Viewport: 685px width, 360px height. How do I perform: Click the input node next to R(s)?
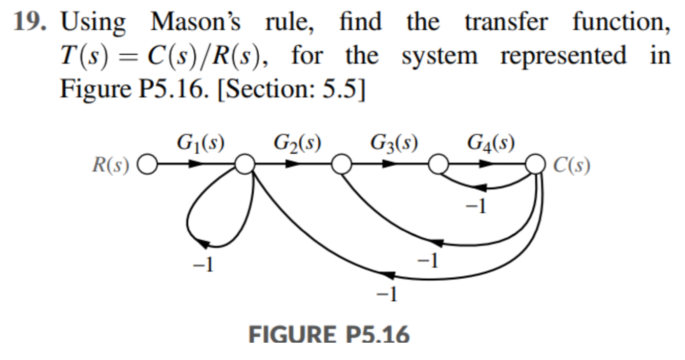pos(148,164)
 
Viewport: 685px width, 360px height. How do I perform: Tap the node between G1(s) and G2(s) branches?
pos(245,164)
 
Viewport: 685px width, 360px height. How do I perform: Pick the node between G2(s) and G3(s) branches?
pos(341,164)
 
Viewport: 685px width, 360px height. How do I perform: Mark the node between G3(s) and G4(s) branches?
pos(438,164)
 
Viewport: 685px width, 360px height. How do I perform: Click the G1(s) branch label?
pos(200,143)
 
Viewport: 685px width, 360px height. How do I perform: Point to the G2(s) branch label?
pos(297,143)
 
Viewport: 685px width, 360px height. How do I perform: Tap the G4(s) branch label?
pos(491,143)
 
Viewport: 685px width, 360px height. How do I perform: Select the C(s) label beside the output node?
pos(572,165)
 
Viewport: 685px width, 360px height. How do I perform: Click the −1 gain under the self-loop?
pos(203,265)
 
